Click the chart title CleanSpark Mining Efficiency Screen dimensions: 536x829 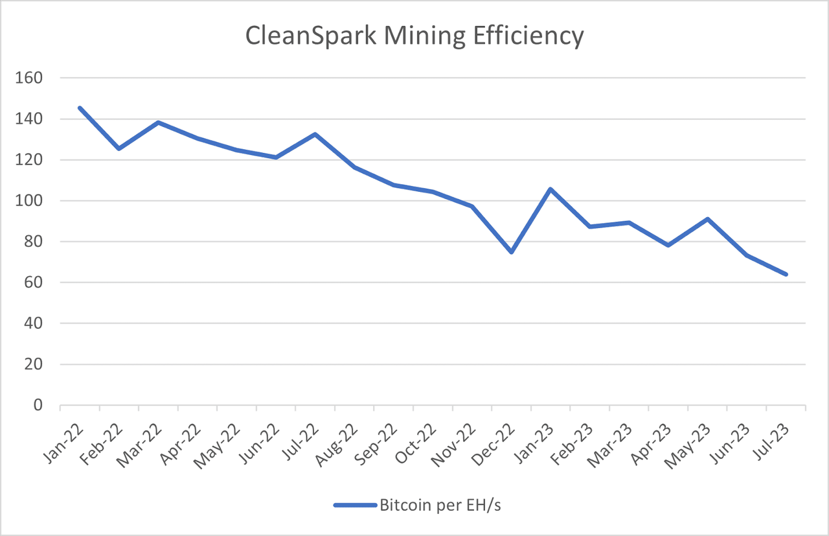point(414,36)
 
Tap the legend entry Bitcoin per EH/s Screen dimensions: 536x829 point(440,506)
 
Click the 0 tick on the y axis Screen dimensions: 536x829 point(38,406)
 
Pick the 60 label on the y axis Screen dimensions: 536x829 point(33,283)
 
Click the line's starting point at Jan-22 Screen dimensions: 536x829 point(80,108)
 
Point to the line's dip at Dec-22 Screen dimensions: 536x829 point(512,251)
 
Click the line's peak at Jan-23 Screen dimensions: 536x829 point(551,189)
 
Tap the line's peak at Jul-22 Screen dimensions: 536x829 point(315,134)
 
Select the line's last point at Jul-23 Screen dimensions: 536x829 point(786,274)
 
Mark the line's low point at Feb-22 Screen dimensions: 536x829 point(119,148)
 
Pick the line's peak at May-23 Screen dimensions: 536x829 point(707,219)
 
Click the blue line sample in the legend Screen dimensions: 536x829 point(354,506)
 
